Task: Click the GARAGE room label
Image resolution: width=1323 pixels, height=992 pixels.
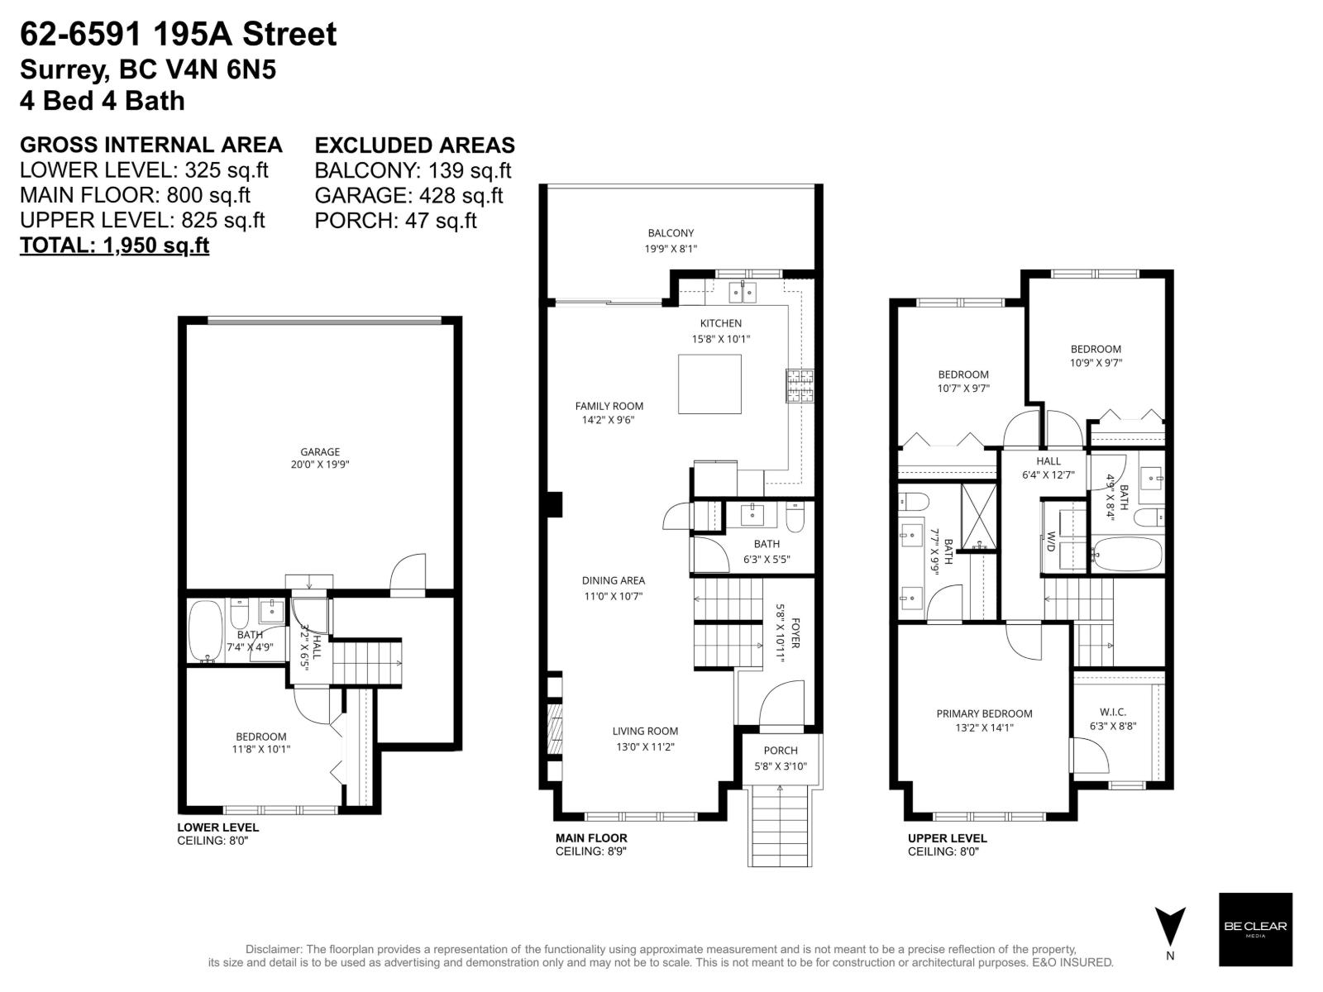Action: click(x=320, y=452)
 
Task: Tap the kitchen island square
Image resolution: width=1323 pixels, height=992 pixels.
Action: click(x=709, y=384)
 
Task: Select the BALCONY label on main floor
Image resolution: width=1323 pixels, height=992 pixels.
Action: click(x=671, y=233)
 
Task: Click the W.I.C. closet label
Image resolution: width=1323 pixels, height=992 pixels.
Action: click(x=1113, y=713)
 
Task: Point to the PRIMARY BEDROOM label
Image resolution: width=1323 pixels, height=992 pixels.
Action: click(x=984, y=713)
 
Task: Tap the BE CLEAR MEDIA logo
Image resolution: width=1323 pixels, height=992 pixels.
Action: click(x=1255, y=929)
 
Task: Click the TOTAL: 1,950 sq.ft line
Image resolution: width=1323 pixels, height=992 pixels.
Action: click(x=114, y=246)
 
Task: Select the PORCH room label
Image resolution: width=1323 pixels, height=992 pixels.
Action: click(x=781, y=751)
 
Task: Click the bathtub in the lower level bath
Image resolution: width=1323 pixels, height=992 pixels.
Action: click(x=205, y=631)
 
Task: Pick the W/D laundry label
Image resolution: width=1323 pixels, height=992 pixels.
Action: click(x=1051, y=541)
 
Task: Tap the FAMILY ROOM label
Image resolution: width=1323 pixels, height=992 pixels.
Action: click(x=609, y=406)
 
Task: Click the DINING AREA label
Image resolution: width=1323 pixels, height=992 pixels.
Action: click(x=613, y=580)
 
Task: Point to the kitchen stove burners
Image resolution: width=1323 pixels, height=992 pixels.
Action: click(x=800, y=385)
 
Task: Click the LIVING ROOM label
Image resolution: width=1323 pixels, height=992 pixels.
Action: click(x=645, y=731)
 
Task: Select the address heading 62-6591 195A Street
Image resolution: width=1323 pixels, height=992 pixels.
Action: click(x=179, y=35)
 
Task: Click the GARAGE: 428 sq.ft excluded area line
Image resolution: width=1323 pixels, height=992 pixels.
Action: click(x=408, y=196)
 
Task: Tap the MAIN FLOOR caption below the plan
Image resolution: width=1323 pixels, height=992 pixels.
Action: click(x=591, y=837)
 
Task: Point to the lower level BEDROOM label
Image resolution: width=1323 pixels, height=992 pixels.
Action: click(x=261, y=737)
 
